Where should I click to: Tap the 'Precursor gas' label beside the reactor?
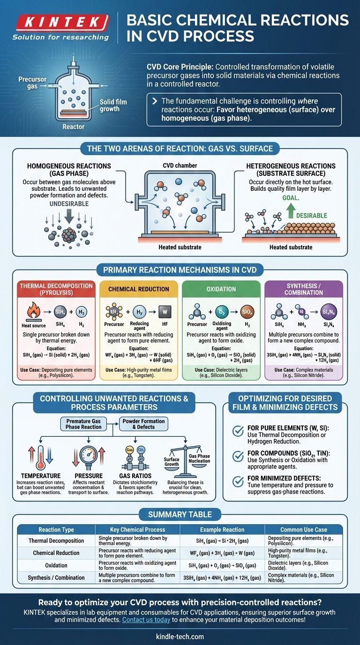coord(32,83)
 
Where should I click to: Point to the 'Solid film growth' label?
coord(113,105)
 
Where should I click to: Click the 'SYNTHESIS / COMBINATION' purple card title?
coord(305,289)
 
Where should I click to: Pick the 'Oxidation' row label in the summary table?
coord(56,565)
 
